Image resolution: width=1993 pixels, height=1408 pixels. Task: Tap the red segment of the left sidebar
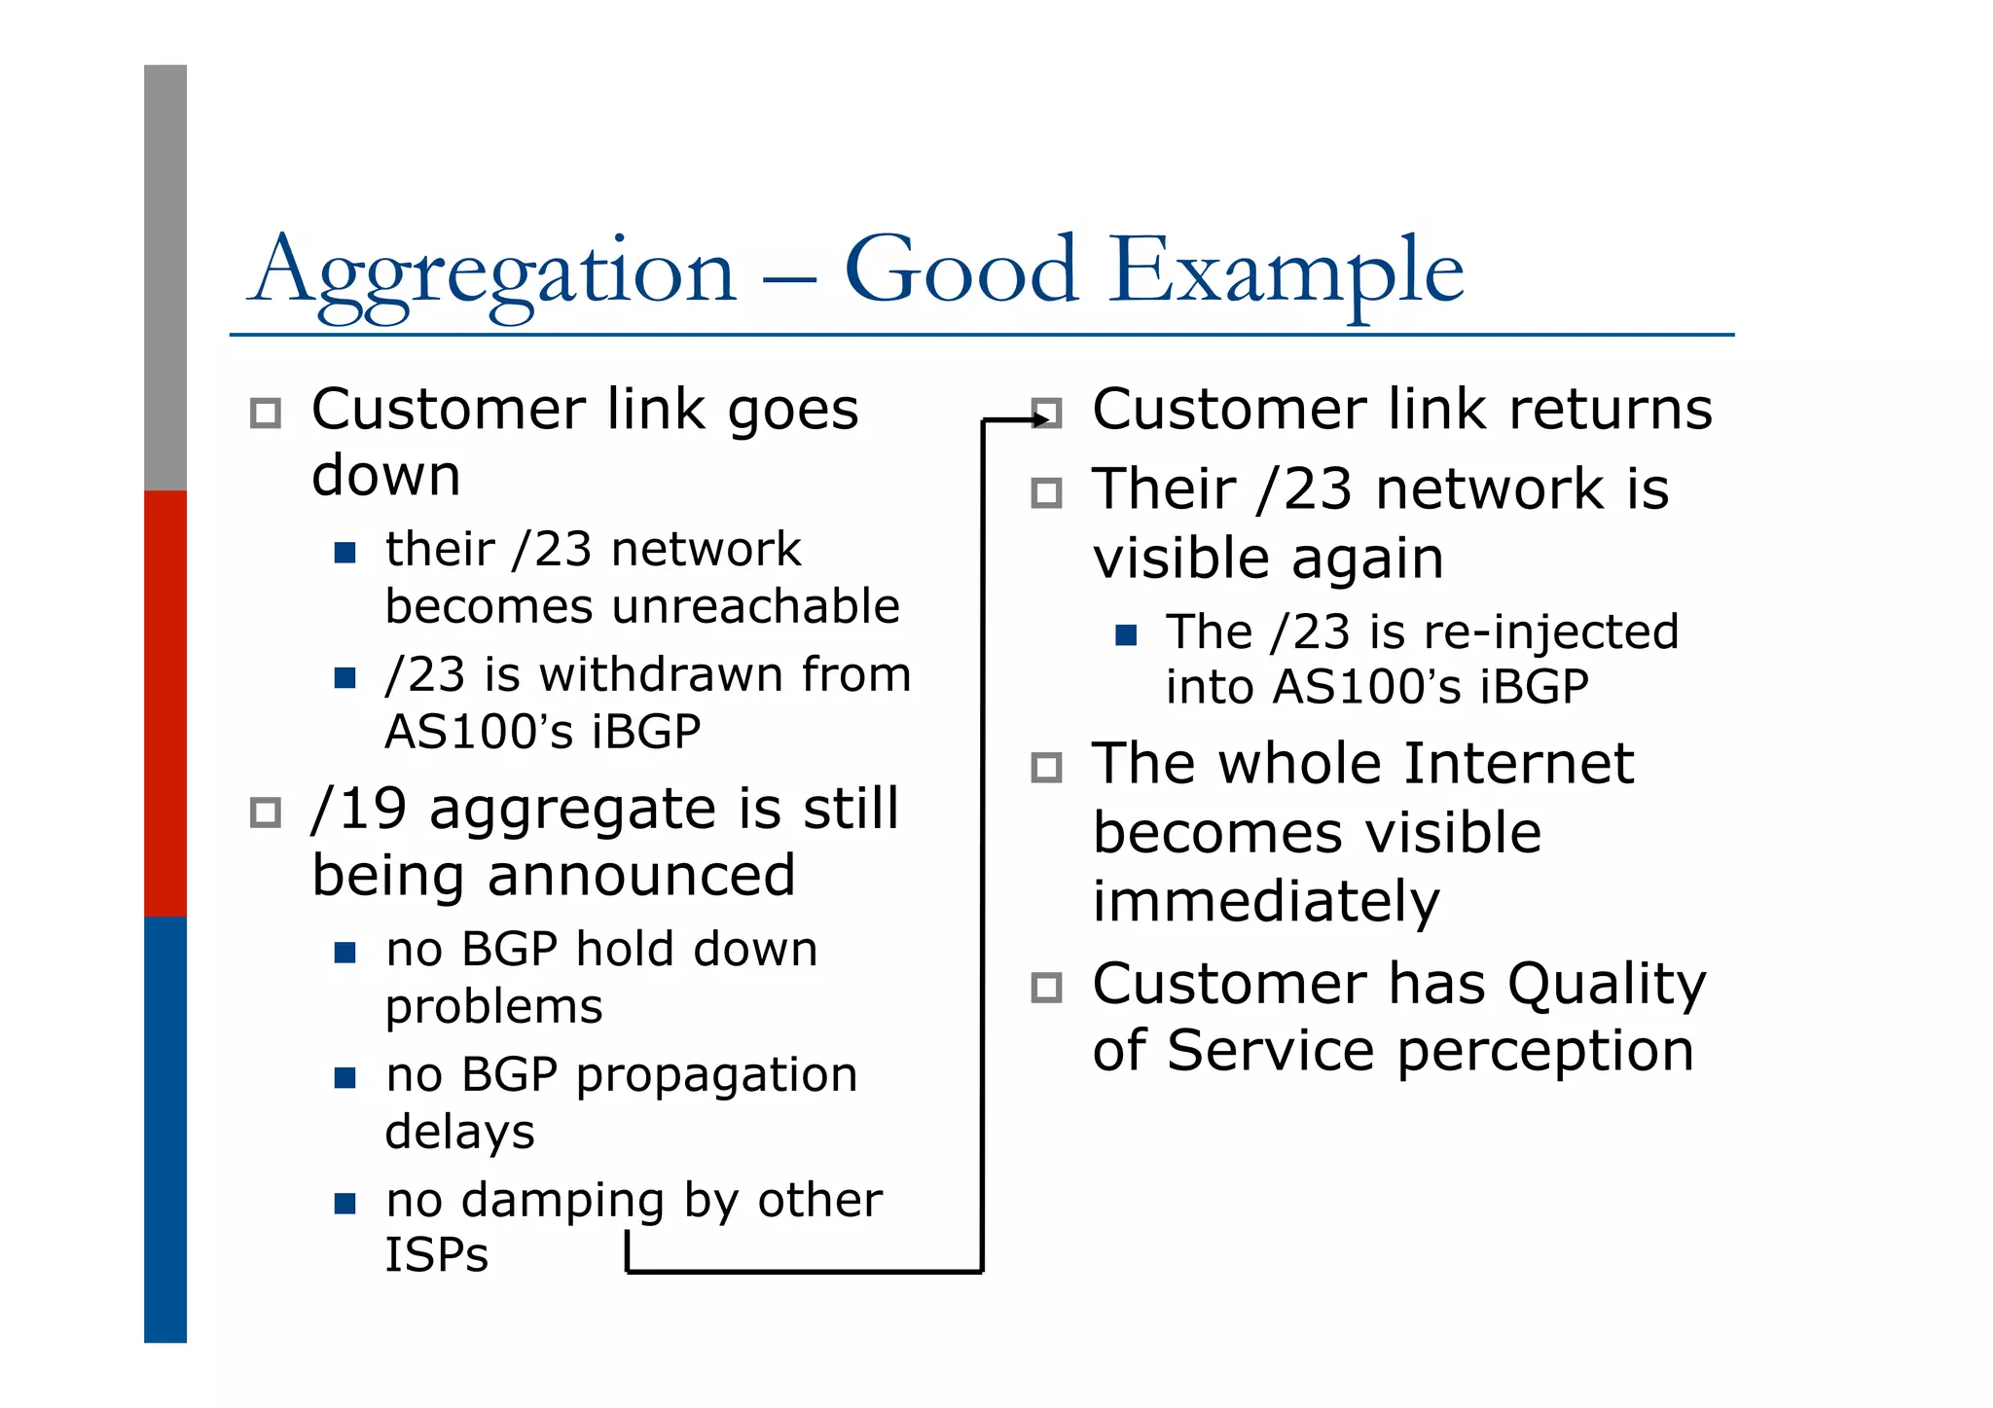165,703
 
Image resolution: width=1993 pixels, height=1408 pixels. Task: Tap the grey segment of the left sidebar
165,277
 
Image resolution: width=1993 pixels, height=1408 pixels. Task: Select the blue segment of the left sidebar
165,1129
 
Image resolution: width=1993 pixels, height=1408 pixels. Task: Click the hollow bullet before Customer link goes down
266,413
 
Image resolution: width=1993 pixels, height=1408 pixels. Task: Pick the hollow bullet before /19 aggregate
266,812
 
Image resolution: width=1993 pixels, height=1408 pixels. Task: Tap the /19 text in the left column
358,809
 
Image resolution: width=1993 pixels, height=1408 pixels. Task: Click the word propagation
716,1076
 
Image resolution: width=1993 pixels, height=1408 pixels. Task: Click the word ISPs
436,1255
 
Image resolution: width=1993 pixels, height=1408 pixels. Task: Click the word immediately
1265,902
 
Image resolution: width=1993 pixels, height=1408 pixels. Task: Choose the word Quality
1606,985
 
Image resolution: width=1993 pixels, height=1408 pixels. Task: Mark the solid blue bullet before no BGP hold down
344,952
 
